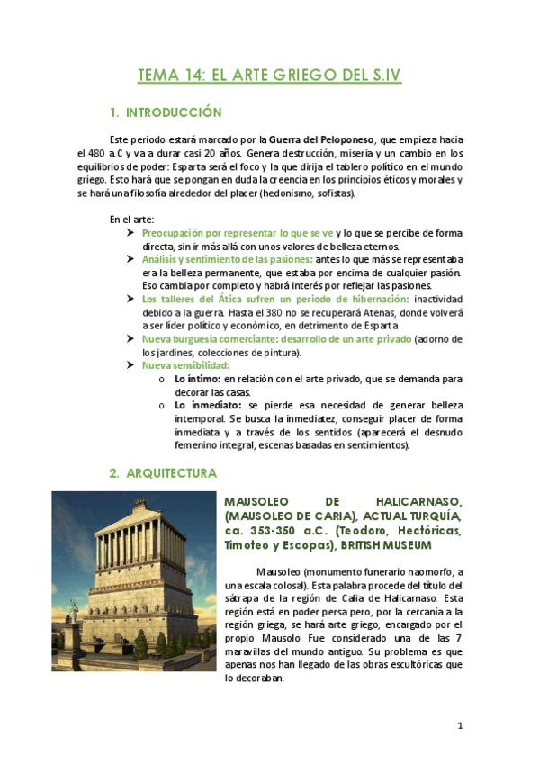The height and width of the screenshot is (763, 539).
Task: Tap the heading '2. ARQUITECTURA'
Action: click(x=163, y=472)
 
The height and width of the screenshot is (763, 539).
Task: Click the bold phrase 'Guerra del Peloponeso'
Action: click(x=324, y=140)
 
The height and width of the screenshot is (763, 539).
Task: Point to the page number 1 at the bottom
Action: click(x=459, y=724)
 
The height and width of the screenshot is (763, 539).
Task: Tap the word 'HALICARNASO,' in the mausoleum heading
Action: click(x=410, y=500)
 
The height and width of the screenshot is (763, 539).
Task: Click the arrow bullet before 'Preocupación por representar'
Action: click(x=131, y=234)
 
